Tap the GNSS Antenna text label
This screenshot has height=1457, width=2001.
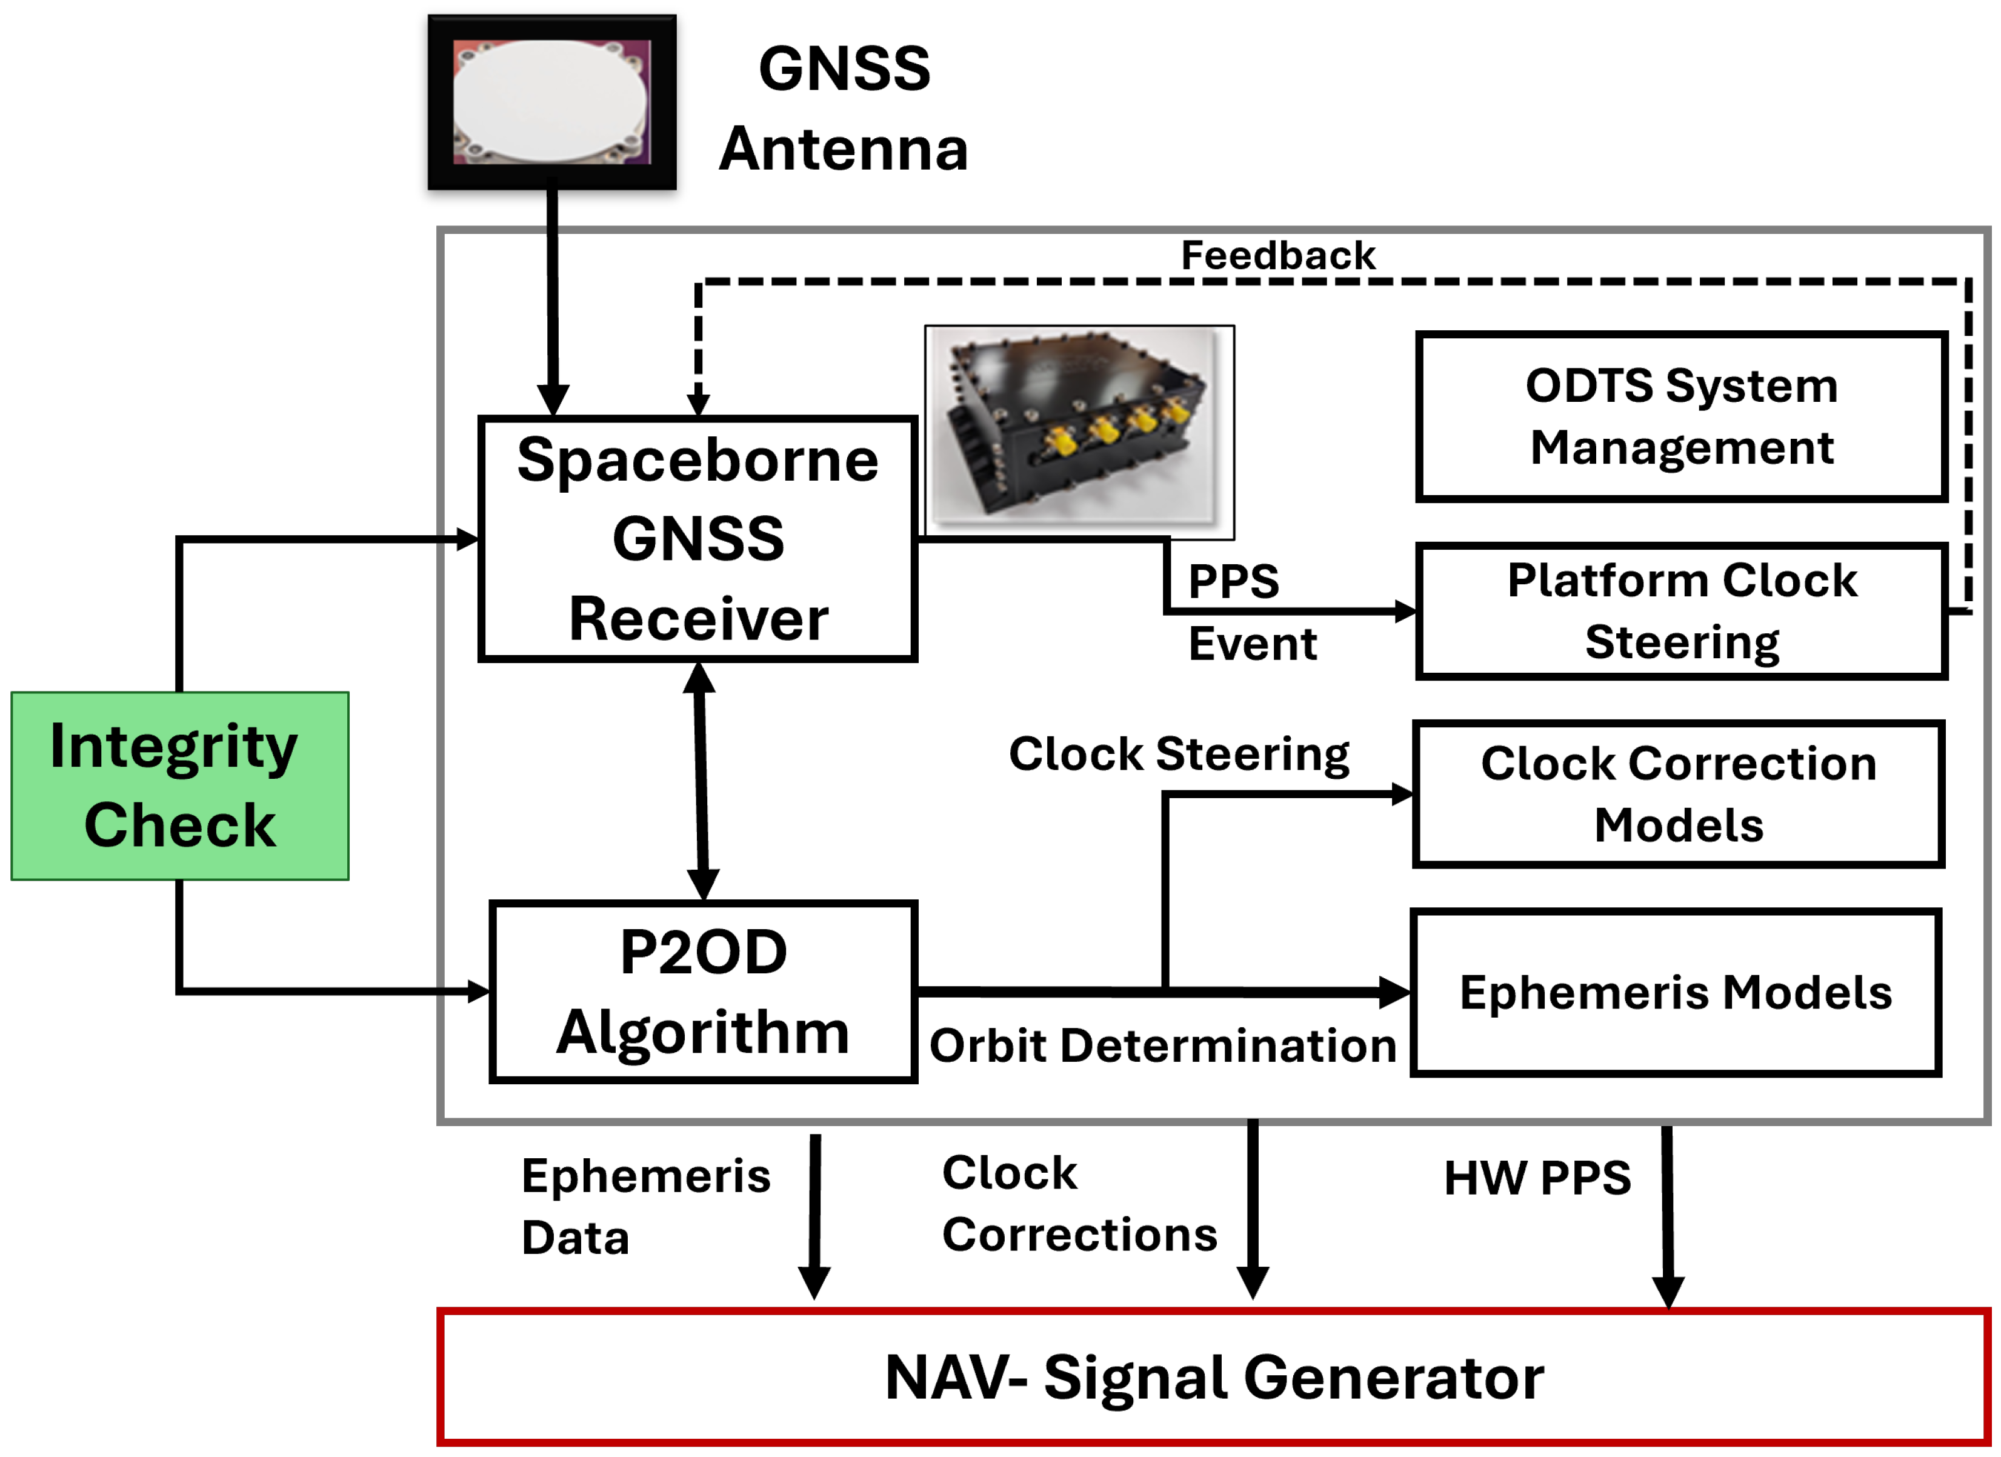844,108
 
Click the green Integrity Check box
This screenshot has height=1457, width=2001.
179,785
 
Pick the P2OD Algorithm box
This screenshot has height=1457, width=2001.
702,991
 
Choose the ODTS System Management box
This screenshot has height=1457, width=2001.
1681,416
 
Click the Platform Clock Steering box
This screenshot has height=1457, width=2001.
1681,611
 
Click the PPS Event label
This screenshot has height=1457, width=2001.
1251,612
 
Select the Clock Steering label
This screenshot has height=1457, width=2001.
1179,755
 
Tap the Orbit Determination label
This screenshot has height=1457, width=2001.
1163,1045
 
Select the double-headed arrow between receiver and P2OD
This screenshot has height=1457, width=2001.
701,781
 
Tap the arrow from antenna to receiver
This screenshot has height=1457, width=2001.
552,300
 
